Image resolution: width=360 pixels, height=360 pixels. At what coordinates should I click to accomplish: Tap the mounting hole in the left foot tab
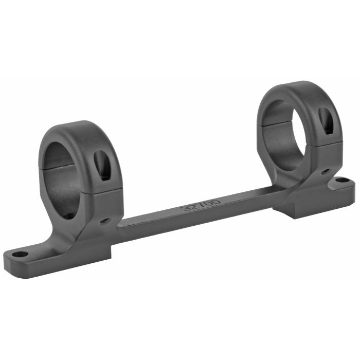[x=20, y=254]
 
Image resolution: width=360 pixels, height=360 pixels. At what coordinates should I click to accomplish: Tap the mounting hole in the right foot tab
[x=341, y=181]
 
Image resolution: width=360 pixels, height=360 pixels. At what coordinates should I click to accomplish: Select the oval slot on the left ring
[x=102, y=165]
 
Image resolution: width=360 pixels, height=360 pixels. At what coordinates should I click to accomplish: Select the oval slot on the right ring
[x=326, y=121]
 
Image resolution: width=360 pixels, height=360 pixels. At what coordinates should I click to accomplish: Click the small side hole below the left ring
[x=105, y=221]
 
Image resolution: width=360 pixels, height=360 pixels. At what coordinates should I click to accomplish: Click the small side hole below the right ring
[x=326, y=172]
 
